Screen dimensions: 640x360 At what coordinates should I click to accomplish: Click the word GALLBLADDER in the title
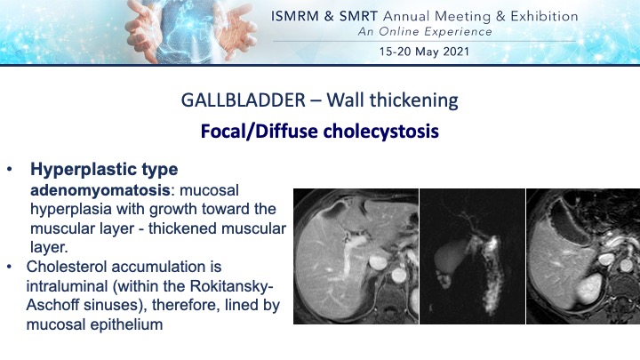(x=243, y=100)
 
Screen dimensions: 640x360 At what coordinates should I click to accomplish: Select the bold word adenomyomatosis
(x=100, y=190)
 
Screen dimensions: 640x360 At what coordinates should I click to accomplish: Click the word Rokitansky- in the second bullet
(x=231, y=286)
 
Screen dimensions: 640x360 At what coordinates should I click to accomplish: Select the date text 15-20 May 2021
(x=424, y=52)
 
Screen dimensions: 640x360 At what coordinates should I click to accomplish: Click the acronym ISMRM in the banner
(x=295, y=16)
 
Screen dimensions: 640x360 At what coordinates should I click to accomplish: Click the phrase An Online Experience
(x=425, y=32)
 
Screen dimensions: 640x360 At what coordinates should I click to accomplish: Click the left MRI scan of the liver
(x=356, y=256)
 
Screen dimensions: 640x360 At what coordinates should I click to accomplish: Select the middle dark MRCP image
(x=472, y=256)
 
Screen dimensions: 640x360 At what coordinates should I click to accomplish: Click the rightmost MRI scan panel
(x=583, y=256)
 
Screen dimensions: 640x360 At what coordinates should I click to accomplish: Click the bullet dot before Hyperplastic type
(x=10, y=170)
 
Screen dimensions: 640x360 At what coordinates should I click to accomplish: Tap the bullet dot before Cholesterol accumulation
(x=10, y=267)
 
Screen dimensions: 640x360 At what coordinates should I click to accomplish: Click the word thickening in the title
(x=414, y=100)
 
